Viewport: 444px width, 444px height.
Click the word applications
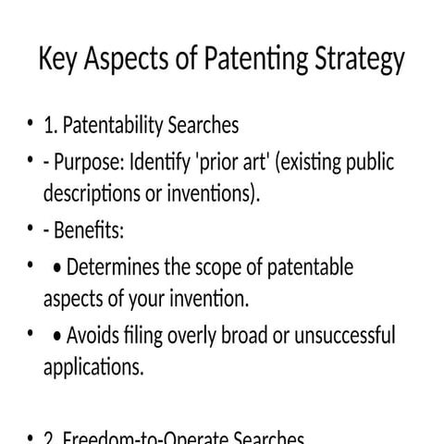coord(93,366)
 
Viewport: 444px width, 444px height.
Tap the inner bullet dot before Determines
coord(58,269)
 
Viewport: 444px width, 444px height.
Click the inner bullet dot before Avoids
coord(58,335)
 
